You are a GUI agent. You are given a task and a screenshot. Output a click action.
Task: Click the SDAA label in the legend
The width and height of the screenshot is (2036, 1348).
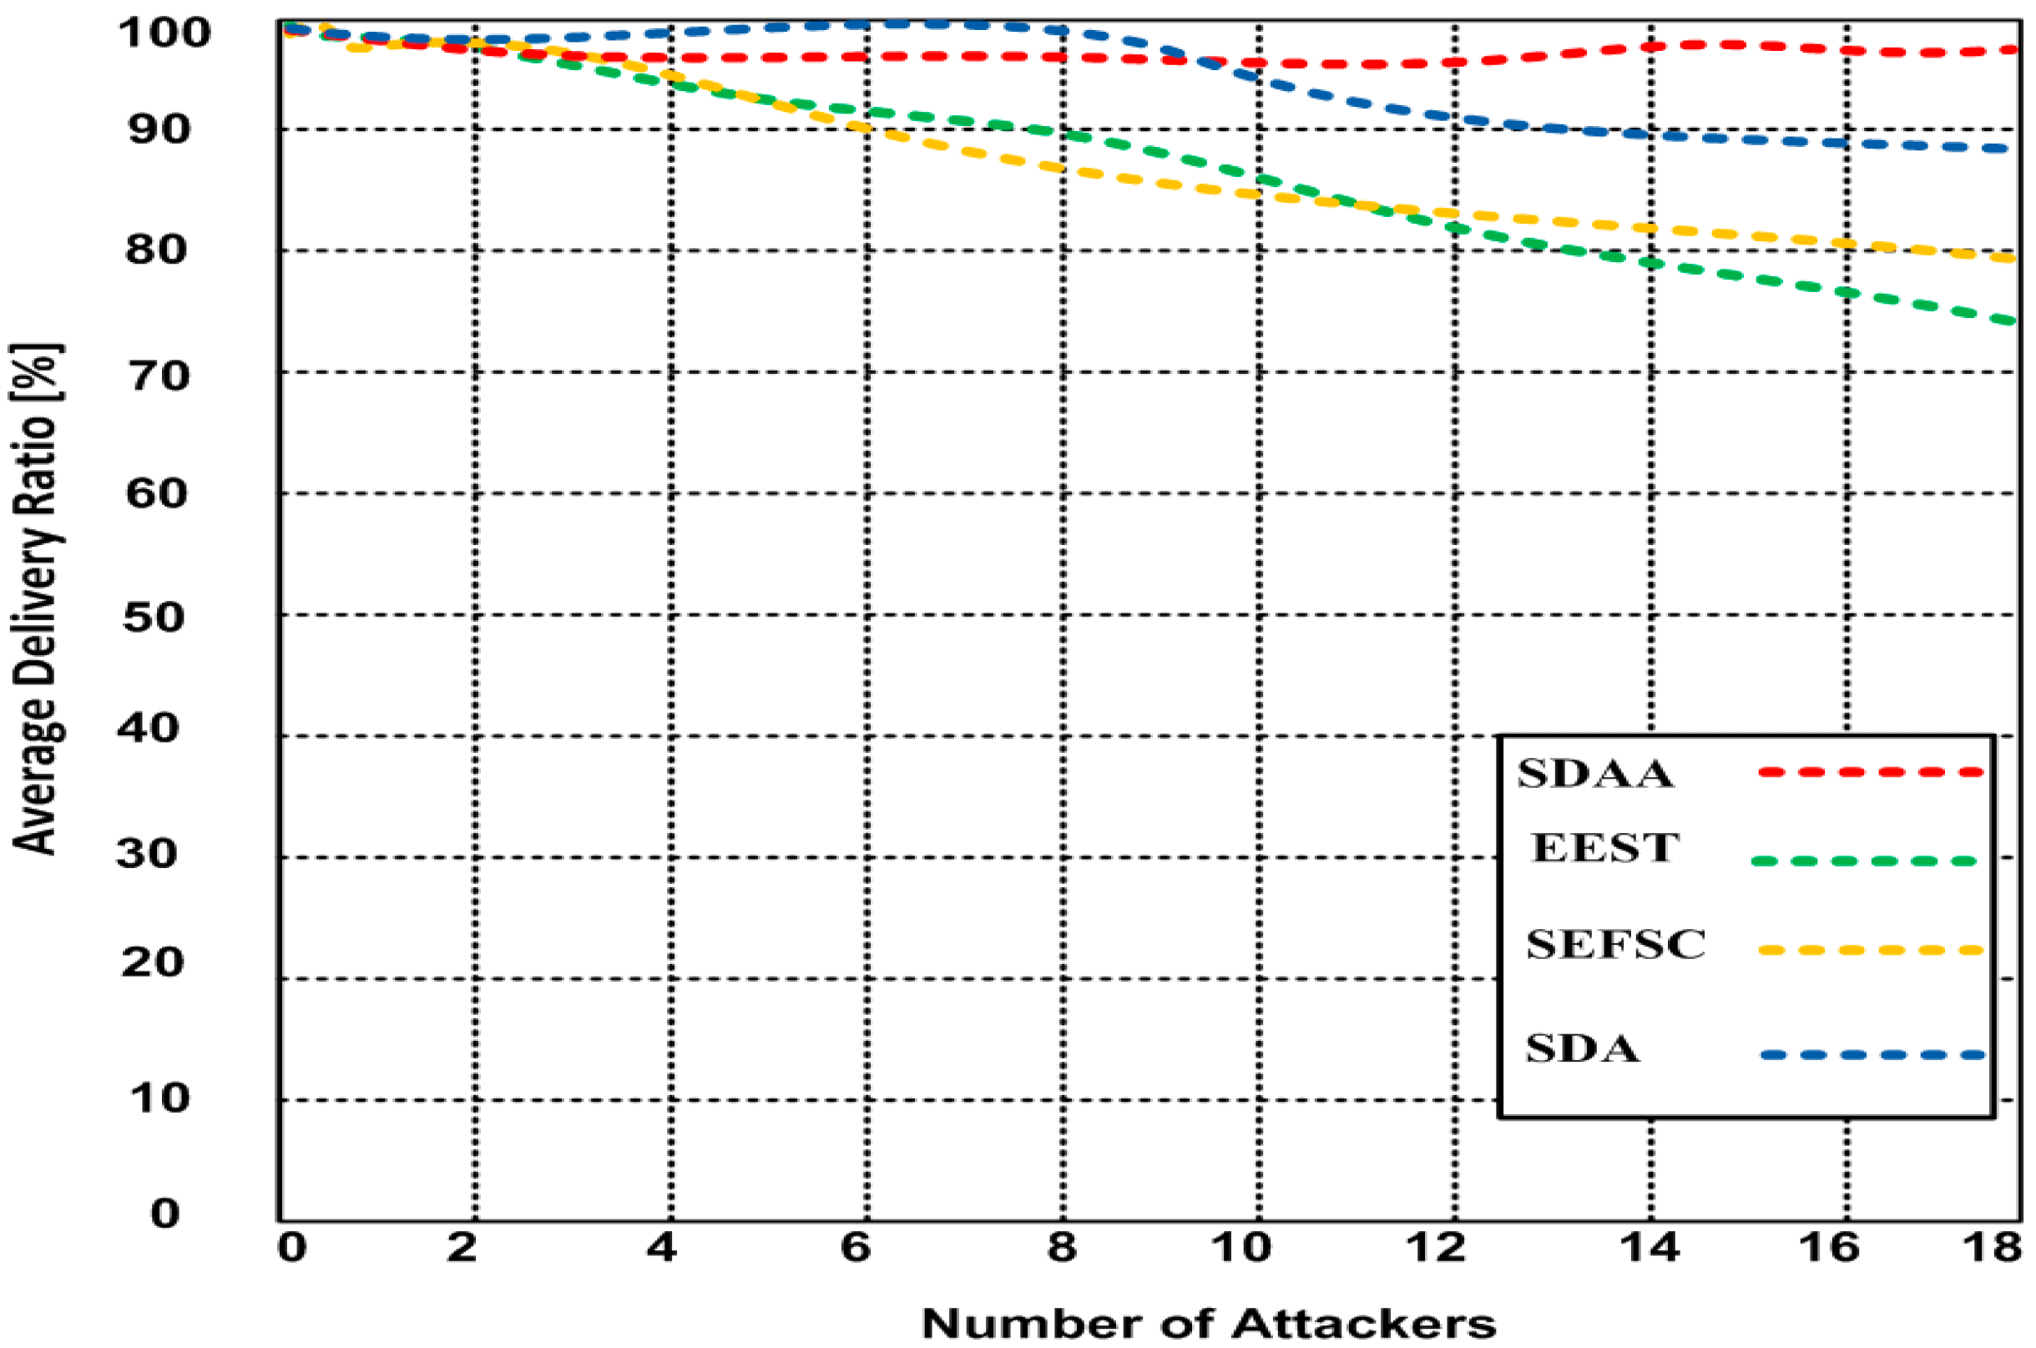pos(1595,774)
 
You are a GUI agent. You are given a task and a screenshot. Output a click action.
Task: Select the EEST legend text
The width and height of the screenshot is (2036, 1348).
pos(1604,849)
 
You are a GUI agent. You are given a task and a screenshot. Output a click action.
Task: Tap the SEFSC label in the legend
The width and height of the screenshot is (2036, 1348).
pos(1615,945)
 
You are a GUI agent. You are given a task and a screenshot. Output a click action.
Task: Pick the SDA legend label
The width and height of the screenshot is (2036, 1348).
pos(1583,1050)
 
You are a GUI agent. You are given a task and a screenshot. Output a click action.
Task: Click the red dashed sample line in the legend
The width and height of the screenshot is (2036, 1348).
pos(1870,772)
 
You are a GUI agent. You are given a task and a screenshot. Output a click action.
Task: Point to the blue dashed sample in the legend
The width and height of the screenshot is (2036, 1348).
pos(1872,1055)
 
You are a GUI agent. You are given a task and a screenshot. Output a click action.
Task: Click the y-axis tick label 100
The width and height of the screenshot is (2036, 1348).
pos(164,34)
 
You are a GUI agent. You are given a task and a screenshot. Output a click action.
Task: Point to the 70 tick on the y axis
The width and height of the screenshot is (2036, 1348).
pos(156,376)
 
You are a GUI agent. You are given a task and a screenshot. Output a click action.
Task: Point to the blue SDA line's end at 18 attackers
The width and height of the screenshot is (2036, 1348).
pos(2008,149)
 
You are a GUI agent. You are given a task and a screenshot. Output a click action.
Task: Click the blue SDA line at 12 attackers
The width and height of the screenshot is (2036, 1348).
pos(1455,116)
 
